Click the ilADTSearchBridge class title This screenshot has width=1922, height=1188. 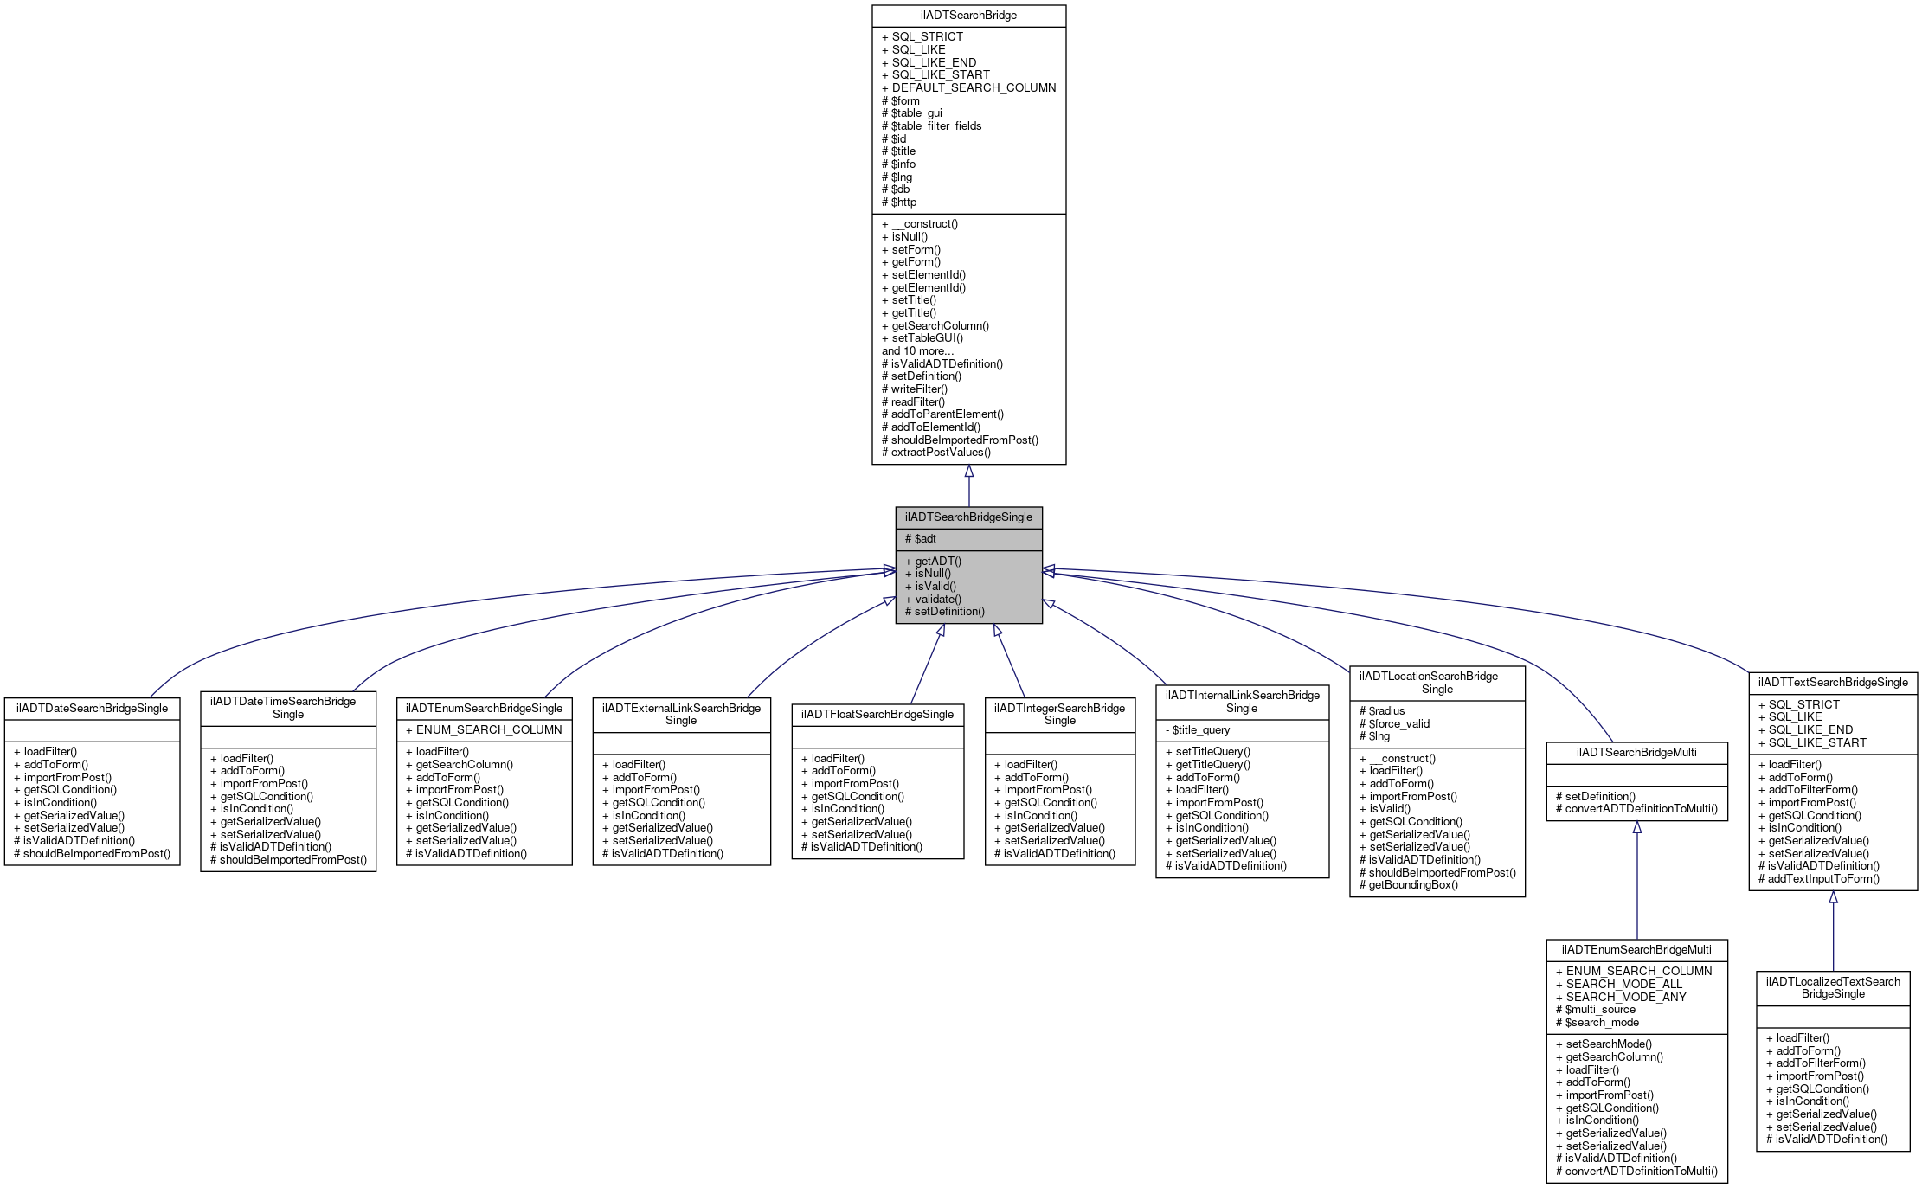968,16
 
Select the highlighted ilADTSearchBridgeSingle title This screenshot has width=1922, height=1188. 968,517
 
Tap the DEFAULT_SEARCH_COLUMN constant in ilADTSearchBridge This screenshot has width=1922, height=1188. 974,87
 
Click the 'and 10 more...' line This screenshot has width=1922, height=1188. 917,351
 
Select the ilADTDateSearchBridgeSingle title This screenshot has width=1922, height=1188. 92,709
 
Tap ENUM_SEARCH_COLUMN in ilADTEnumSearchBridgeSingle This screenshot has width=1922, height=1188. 489,730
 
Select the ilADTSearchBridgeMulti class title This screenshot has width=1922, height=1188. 1636,753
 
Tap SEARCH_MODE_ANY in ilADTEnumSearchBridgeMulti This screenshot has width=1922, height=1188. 1626,997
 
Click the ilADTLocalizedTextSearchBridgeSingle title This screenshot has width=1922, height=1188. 1833,988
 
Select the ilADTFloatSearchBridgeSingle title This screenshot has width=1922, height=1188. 877,715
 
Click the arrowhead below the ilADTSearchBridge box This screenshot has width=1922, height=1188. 969,472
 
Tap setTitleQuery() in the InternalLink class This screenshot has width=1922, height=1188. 1212,752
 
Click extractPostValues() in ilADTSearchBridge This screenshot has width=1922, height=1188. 941,453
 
